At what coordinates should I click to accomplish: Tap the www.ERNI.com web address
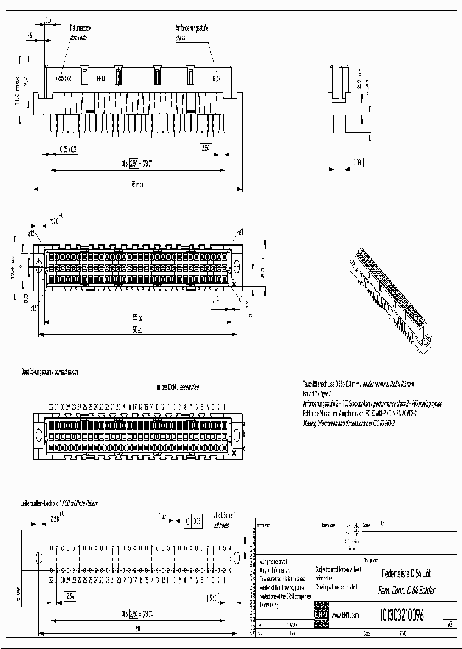point(345,615)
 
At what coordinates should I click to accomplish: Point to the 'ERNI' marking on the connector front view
point(101,79)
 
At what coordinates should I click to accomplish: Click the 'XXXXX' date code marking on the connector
point(62,79)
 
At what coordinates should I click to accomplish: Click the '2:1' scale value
point(383,524)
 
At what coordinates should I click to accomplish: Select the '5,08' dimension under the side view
point(357,163)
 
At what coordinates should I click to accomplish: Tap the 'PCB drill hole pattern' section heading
point(61,503)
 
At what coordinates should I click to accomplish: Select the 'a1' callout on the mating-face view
point(241,232)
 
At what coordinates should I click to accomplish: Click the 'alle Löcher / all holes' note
point(225,518)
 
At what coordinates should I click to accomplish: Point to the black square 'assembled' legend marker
point(158,387)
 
